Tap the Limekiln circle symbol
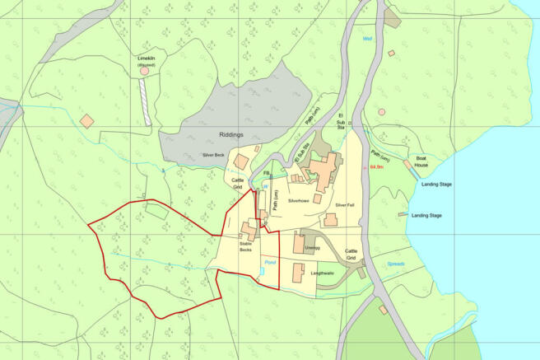coord(145,72)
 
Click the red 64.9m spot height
coord(378,167)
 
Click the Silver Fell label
coord(345,204)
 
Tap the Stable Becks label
coord(245,247)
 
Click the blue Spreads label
coord(397,264)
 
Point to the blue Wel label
coord(367,39)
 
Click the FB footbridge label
coord(267,174)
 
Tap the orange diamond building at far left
coord(86,121)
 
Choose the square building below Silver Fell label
coord(331,220)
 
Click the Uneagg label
coord(312,246)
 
